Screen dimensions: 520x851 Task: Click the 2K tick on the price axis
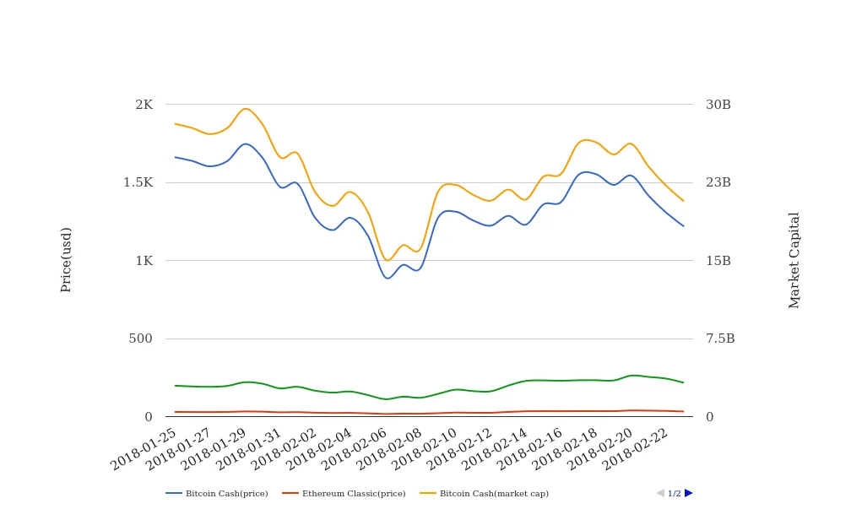144,105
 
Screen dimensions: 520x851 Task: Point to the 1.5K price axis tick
138,182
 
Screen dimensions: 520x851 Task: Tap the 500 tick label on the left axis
141,339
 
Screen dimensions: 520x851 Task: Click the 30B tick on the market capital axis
718,105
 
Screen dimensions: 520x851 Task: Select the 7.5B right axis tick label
720,339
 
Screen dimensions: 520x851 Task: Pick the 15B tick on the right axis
718,261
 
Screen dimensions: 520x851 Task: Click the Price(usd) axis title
66,259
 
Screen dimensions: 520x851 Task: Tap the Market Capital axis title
794,260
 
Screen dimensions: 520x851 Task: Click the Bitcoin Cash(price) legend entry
217,493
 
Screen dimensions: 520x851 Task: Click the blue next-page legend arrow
688,493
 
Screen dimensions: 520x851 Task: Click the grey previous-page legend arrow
660,493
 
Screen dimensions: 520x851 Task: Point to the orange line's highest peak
246,108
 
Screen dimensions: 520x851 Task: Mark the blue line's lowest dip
388,278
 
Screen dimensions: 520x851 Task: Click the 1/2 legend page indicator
674,493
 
